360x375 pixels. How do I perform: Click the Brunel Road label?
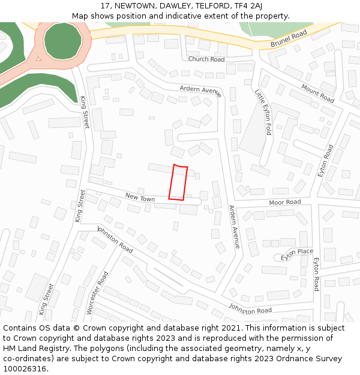coord(289,38)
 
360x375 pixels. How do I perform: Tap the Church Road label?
coord(206,59)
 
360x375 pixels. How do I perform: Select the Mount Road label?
coord(317,93)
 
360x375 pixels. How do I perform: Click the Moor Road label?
coord(285,203)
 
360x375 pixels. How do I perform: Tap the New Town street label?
coord(140,197)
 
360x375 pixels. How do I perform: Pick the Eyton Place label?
coord(297,253)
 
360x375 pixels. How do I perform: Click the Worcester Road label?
coord(97,292)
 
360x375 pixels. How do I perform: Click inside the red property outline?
coord(178,182)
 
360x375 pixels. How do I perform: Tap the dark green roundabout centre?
coord(62,40)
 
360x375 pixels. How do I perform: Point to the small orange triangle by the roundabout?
coord(39,58)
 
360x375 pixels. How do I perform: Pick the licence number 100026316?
coord(25,369)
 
